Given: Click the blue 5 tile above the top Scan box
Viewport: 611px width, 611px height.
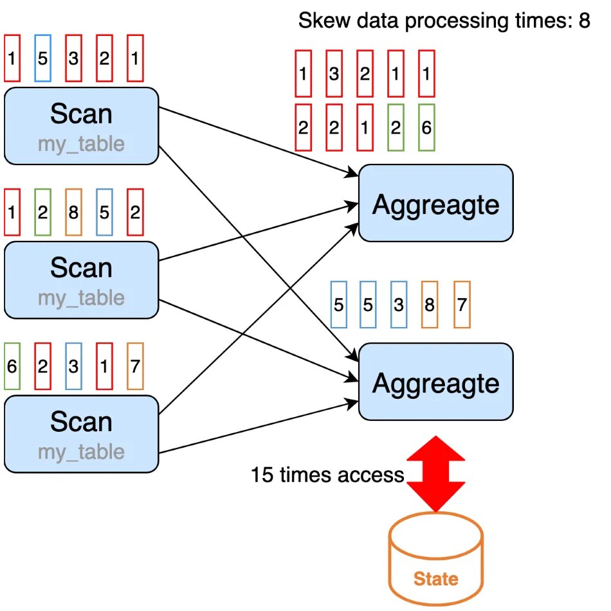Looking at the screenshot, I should (x=42, y=58).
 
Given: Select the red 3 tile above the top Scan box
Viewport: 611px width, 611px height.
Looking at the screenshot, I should (x=73, y=58).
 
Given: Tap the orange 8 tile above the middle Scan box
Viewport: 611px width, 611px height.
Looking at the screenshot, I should (x=73, y=212).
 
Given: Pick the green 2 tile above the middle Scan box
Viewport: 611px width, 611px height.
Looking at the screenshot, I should (x=42, y=212).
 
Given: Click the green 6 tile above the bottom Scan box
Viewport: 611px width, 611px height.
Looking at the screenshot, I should (x=12, y=366).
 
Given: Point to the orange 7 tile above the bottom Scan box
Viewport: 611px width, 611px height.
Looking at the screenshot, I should (x=134, y=366).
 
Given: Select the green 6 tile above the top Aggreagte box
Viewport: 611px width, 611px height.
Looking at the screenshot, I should (x=426, y=127).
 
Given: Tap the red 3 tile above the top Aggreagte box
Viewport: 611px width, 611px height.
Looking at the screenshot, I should (x=334, y=73).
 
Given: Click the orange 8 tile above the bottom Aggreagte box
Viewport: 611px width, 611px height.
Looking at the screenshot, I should (x=430, y=305).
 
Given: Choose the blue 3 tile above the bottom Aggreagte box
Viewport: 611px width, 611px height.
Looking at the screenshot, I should (x=399, y=305).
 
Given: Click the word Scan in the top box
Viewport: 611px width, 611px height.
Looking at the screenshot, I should (x=81, y=114).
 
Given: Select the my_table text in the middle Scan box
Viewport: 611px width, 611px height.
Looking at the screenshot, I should (x=81, y=297).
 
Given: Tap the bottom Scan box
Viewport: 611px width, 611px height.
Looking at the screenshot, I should (x=81, y=434).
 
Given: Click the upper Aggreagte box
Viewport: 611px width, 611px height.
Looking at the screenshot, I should (x=435, y=204).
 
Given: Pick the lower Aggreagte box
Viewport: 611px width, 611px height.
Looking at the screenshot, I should (x=435, y=382).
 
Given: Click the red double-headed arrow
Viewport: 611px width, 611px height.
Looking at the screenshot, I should (x=435, y=474).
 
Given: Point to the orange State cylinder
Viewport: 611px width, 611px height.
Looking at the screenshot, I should (x=435, y=565).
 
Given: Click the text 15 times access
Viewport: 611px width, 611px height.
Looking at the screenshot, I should (x=327, y=475).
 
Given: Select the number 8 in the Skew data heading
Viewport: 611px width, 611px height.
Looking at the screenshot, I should (x=583, y=21).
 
